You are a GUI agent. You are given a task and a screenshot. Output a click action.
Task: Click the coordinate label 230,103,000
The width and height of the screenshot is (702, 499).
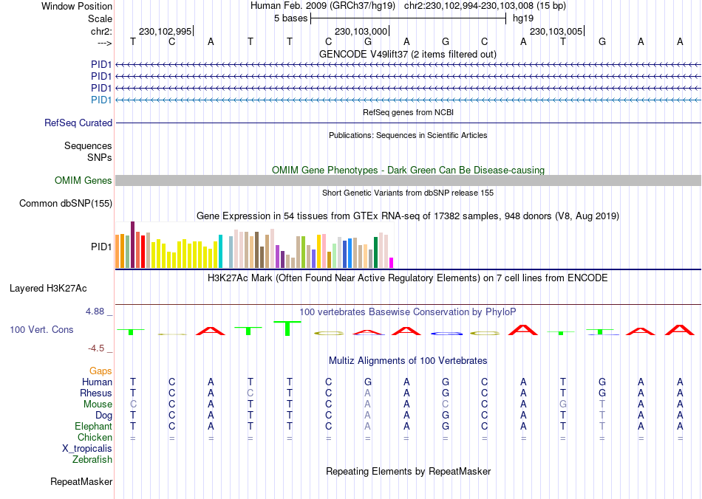(x=361, y=31)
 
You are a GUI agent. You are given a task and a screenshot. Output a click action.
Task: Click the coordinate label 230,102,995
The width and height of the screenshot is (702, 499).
(x=165, y=31)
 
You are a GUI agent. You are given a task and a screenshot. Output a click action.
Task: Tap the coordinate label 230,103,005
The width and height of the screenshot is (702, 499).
(x=556, y=31)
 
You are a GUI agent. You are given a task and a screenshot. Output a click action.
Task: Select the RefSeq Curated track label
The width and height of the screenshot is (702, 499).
(x=78, y=123)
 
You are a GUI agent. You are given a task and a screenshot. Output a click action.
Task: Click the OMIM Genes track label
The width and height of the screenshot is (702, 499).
(x=84, y=181)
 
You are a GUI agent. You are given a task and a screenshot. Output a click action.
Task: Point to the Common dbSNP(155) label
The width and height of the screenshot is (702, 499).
(x=66, y=203)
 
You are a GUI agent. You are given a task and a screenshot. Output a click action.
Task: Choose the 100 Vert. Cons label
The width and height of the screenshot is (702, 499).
(x=41, y=329)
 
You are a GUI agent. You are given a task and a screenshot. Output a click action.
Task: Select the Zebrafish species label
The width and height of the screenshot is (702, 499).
(x=92, y=459)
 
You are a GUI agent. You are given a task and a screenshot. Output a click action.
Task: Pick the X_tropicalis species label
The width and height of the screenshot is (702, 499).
(x=87, y=448)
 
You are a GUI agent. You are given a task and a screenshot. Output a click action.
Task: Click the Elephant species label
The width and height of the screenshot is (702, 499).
(x=93, y=426)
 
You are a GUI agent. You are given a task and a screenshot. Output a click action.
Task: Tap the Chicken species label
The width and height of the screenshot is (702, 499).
(x=95, y=437)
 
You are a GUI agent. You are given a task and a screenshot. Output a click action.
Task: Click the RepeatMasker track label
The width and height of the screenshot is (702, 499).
(x=81, y=482)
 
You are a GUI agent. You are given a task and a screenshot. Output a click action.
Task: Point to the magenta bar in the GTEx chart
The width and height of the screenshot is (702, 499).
(x=392, y=262)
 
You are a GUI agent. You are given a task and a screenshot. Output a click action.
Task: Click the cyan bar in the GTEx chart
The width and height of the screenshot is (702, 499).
(x=221, y=251)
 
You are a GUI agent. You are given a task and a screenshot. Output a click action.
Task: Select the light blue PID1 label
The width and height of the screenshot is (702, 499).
(x=101, y=100)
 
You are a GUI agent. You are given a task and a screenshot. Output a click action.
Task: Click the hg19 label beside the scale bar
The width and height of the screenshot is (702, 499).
(x=523, y=18)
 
